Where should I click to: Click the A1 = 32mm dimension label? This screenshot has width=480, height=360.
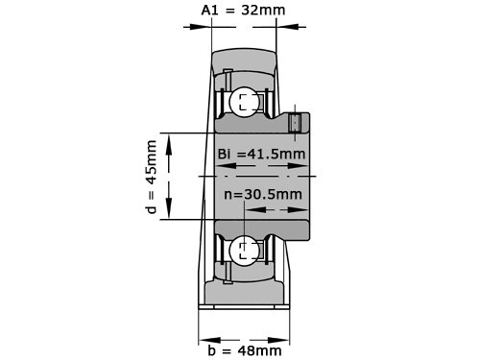243,10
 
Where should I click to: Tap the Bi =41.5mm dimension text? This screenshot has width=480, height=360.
261,154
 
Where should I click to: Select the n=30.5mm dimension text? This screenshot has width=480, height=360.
263,194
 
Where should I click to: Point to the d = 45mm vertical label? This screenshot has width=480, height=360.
152,177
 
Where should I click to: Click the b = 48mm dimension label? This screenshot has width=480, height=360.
245,350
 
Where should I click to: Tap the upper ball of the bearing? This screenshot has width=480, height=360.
244,102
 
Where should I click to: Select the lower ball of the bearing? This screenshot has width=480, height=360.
244,251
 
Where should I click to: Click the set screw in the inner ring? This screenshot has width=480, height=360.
295,122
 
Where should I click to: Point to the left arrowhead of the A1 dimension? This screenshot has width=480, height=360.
201,27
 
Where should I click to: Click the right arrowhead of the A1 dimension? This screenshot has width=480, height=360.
287,27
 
